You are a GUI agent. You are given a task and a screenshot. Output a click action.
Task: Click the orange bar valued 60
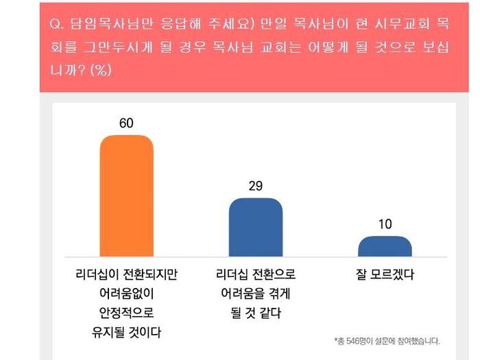127,195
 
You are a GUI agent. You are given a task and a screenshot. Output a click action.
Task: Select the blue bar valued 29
255,227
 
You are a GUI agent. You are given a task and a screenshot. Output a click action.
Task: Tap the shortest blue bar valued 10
385,246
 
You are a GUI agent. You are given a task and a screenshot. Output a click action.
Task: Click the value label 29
256,186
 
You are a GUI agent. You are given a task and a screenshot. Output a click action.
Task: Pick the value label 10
385,224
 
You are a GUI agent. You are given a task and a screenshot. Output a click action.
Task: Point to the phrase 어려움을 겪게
255,293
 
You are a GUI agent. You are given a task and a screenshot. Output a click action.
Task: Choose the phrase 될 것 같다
255,313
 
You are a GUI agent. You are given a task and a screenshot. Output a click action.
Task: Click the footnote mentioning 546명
387,341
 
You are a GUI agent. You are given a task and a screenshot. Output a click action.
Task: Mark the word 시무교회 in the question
390,24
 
